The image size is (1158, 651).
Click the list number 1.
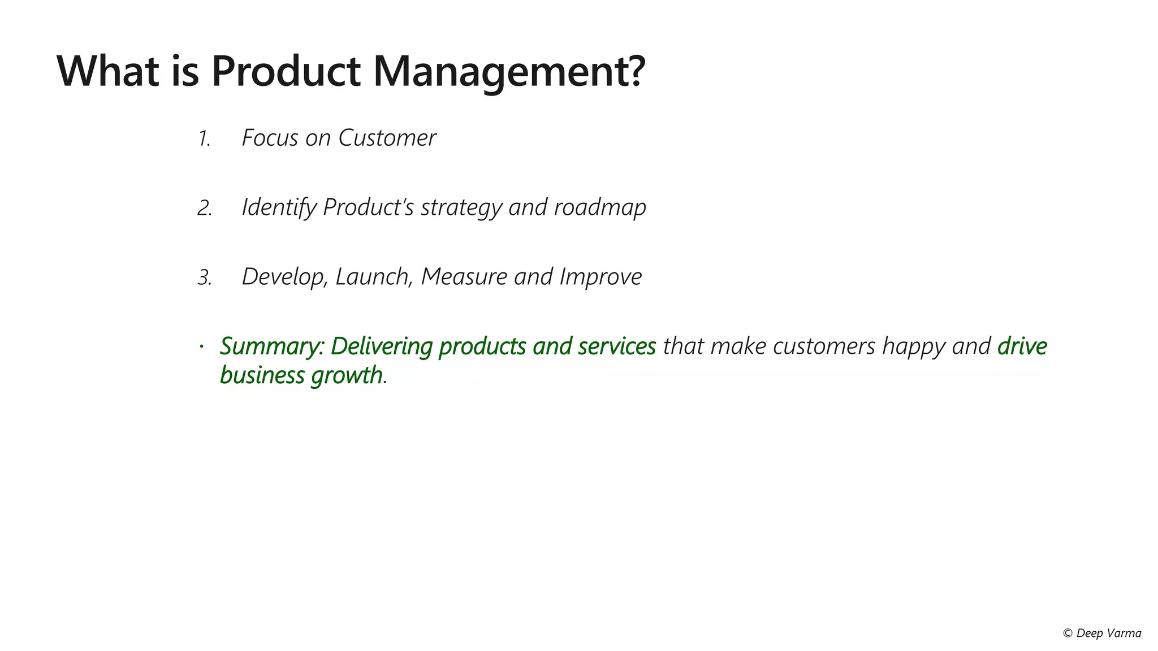coord(204,139)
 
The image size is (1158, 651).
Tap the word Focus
coord(270,138)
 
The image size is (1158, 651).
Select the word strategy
coord(461,208)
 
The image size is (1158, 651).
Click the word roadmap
coord(600,208)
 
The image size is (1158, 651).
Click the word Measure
coord(464,277)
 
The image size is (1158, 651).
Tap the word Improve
coord(600,277)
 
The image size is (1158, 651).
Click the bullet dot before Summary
coord(201,345)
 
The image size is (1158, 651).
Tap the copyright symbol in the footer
coord(1068,633)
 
